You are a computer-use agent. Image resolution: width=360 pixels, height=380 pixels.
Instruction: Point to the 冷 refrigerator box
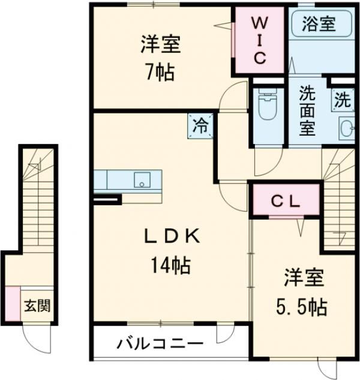coord(200,126)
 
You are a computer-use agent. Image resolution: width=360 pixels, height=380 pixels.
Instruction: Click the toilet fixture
coord(266,106)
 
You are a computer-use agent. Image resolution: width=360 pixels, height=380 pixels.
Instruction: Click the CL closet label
coord(286,201)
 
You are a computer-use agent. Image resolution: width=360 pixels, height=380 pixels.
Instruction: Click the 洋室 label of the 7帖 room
coord(160,45)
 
